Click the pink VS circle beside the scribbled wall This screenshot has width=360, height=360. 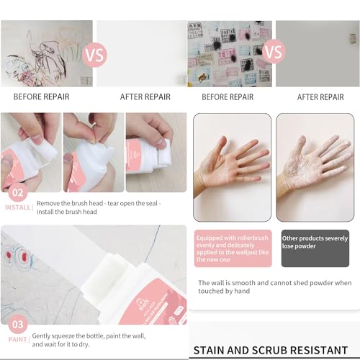94,53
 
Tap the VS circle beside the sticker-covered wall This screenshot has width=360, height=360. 273,52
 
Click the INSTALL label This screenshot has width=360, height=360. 17,207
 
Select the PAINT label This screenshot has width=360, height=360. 17,337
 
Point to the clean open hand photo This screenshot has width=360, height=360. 232,168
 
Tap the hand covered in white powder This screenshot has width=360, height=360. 315,168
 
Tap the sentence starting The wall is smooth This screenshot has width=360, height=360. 275,287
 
